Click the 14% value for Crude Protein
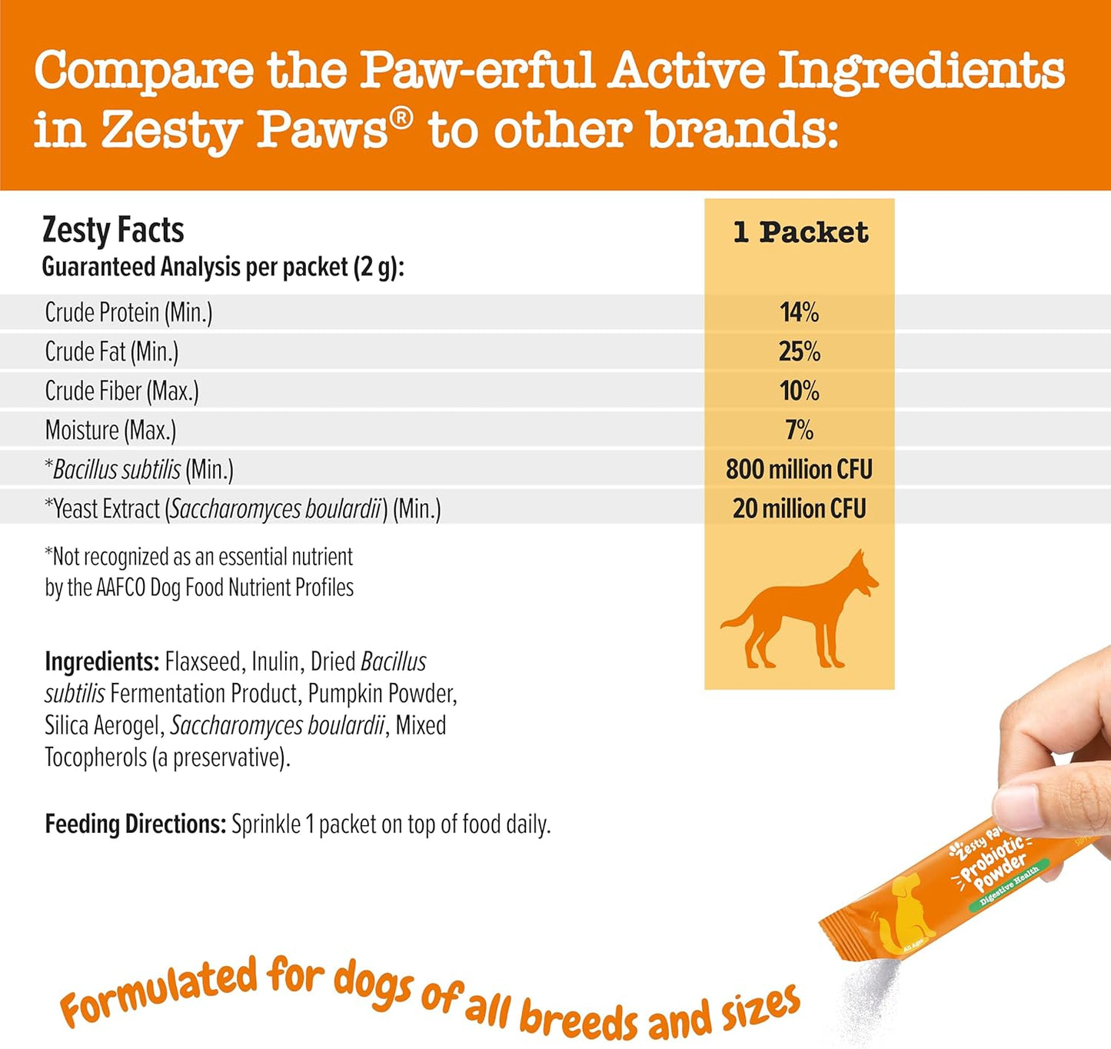799,312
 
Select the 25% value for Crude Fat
799,351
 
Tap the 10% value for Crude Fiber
799,391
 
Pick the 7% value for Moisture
799,430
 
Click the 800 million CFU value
799,469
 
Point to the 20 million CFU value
799,508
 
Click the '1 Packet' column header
800,232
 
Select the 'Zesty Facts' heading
113,230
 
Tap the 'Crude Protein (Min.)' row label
128,312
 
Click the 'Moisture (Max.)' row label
111,430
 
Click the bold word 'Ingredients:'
101,661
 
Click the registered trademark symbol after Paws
402,118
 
